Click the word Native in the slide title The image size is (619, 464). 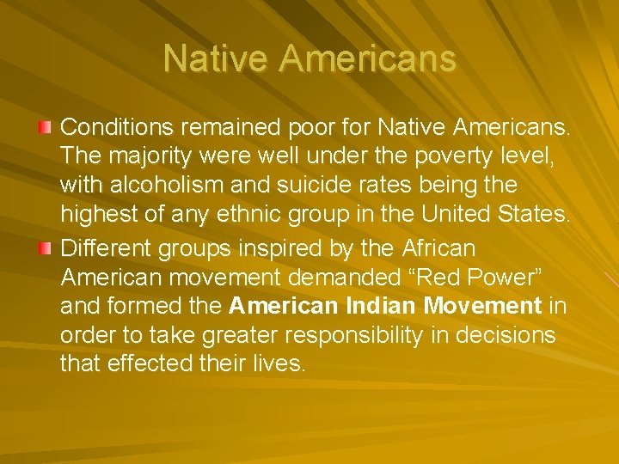coord(216,59)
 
